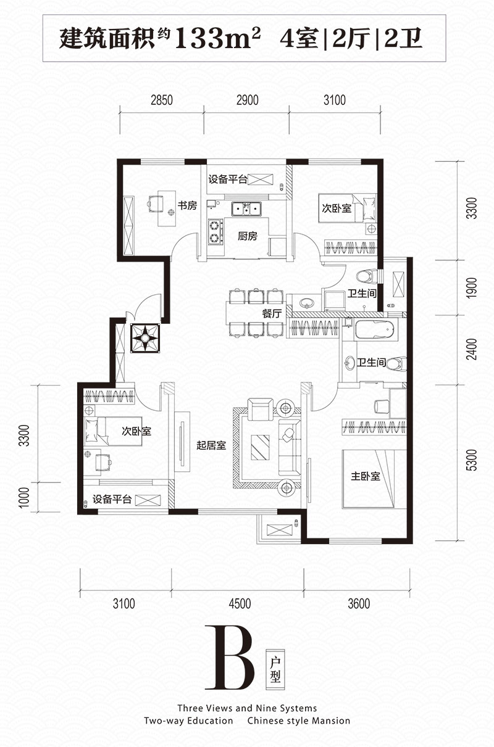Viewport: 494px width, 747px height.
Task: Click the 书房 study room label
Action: click(x=187, y=205)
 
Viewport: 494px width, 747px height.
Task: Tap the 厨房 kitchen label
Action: click(x=248, y=236)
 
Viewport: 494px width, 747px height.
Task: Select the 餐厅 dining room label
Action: click(x=272, y=313)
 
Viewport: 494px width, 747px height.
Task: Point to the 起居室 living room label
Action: click(x=211, y=445)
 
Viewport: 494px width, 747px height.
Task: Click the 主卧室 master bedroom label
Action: click(x=365, y=476)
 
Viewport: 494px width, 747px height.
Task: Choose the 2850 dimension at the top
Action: click(x=162, y=100)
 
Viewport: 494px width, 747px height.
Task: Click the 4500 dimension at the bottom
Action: click(x=240, y=604)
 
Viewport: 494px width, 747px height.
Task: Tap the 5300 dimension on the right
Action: click(x=472, y=460)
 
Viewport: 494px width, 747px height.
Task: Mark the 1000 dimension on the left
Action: click(x=24, y=498)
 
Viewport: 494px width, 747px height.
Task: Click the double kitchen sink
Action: click(x=246, y=209)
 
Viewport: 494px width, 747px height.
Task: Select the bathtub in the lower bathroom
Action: click(x=376, y=329)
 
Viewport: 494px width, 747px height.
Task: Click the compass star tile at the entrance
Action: click(x=145, y=338)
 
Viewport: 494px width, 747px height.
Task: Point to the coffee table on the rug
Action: click(x=260, y=448)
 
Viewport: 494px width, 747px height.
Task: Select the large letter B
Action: click(x=229, y=657)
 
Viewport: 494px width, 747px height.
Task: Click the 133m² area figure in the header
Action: click(x=217, y=38)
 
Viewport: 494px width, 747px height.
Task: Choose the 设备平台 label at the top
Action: click(x=228, y=179)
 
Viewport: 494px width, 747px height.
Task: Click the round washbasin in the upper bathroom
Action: click(x=306, y=303)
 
